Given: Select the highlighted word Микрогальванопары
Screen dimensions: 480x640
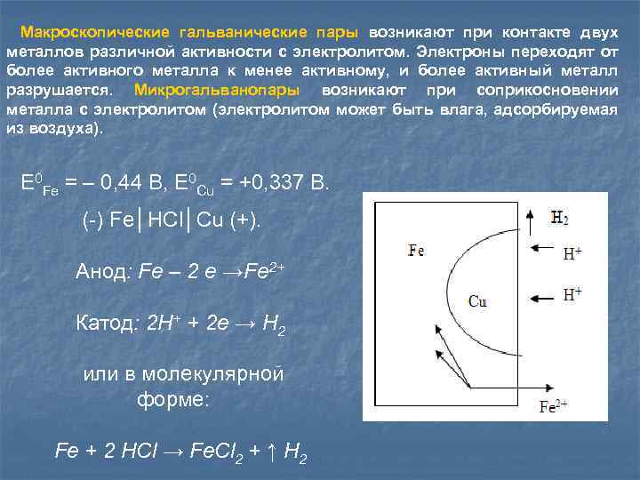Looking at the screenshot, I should tap(216, 91).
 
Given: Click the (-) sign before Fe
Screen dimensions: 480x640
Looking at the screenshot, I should tap(93, 220).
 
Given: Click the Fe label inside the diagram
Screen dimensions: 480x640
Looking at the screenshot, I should tap(415, 250).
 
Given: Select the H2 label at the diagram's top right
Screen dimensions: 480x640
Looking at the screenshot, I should tap(559, 217).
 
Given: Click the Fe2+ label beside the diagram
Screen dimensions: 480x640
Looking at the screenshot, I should tap(553, 407).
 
